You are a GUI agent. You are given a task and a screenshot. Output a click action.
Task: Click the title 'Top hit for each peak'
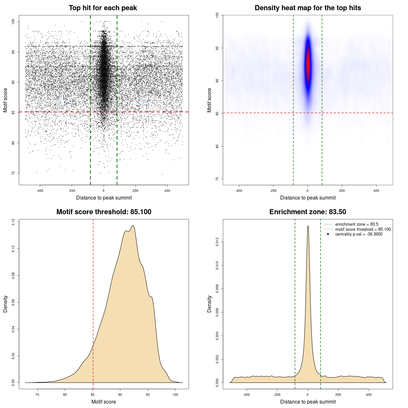[103, 8]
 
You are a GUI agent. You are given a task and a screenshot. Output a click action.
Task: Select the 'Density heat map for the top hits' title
[308, 8]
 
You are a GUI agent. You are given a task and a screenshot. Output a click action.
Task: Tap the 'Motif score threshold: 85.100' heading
[104, 212]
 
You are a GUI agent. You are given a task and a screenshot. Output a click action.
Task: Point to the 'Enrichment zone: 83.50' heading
[308, 212]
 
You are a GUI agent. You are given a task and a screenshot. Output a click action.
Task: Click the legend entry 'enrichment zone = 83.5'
[357, 224]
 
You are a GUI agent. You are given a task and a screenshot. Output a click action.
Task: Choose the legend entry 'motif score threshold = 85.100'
[363, 229]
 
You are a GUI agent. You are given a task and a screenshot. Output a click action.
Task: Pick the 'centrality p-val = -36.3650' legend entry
[359, 234]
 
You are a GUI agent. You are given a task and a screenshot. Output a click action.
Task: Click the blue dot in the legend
[328, 234]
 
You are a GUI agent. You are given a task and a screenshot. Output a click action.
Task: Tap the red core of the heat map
[308, 64]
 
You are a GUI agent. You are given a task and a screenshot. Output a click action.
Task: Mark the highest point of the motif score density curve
[133, 226]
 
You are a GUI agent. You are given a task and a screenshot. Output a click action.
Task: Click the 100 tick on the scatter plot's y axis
[13, 22]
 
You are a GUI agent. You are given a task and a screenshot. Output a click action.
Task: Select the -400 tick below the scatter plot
[40, 191]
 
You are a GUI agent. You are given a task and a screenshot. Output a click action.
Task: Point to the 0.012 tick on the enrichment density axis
[217, 242]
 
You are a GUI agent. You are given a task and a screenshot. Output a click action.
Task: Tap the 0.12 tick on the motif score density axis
[13, 222]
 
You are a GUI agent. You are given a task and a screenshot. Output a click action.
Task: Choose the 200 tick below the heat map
[342, 191]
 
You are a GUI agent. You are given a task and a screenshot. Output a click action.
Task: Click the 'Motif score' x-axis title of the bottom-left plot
[104, 402]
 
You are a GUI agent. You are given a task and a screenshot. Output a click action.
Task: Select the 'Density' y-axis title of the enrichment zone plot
[209, 304]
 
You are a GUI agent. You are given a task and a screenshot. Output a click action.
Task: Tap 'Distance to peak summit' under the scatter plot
[104, 198]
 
